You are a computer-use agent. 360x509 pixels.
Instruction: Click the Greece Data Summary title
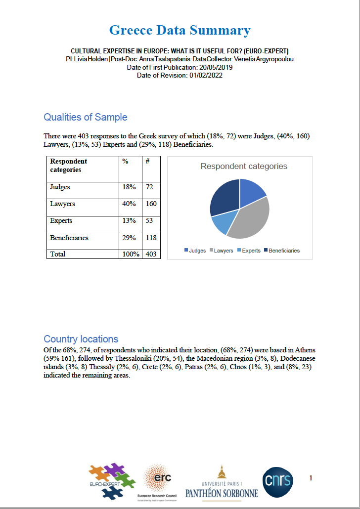pyautogui.click(x=180, y=31)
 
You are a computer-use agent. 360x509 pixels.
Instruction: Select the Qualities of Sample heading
pyautogui.click(x=86, y=117)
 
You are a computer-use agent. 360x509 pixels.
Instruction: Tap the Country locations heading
pyautogui.click(x=81, y=339)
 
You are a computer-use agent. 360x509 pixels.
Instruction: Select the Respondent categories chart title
pyautogui.click(x=244, y=167)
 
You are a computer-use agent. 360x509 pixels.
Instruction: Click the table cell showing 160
pyautogui.click(x=151, y=204)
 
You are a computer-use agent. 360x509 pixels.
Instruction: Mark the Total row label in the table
pyautogui.click(x=58, y=254)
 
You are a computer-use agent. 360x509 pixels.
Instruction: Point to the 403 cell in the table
pyautogui.click(x=151, y=254)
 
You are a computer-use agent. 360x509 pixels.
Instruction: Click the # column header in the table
pyautogui.click(x=147, y=162)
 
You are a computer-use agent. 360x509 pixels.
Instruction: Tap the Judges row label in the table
pyautogui.click(x=60, y=187)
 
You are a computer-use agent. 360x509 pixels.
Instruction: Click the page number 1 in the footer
pyautogui.click(x=311, y=478)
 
